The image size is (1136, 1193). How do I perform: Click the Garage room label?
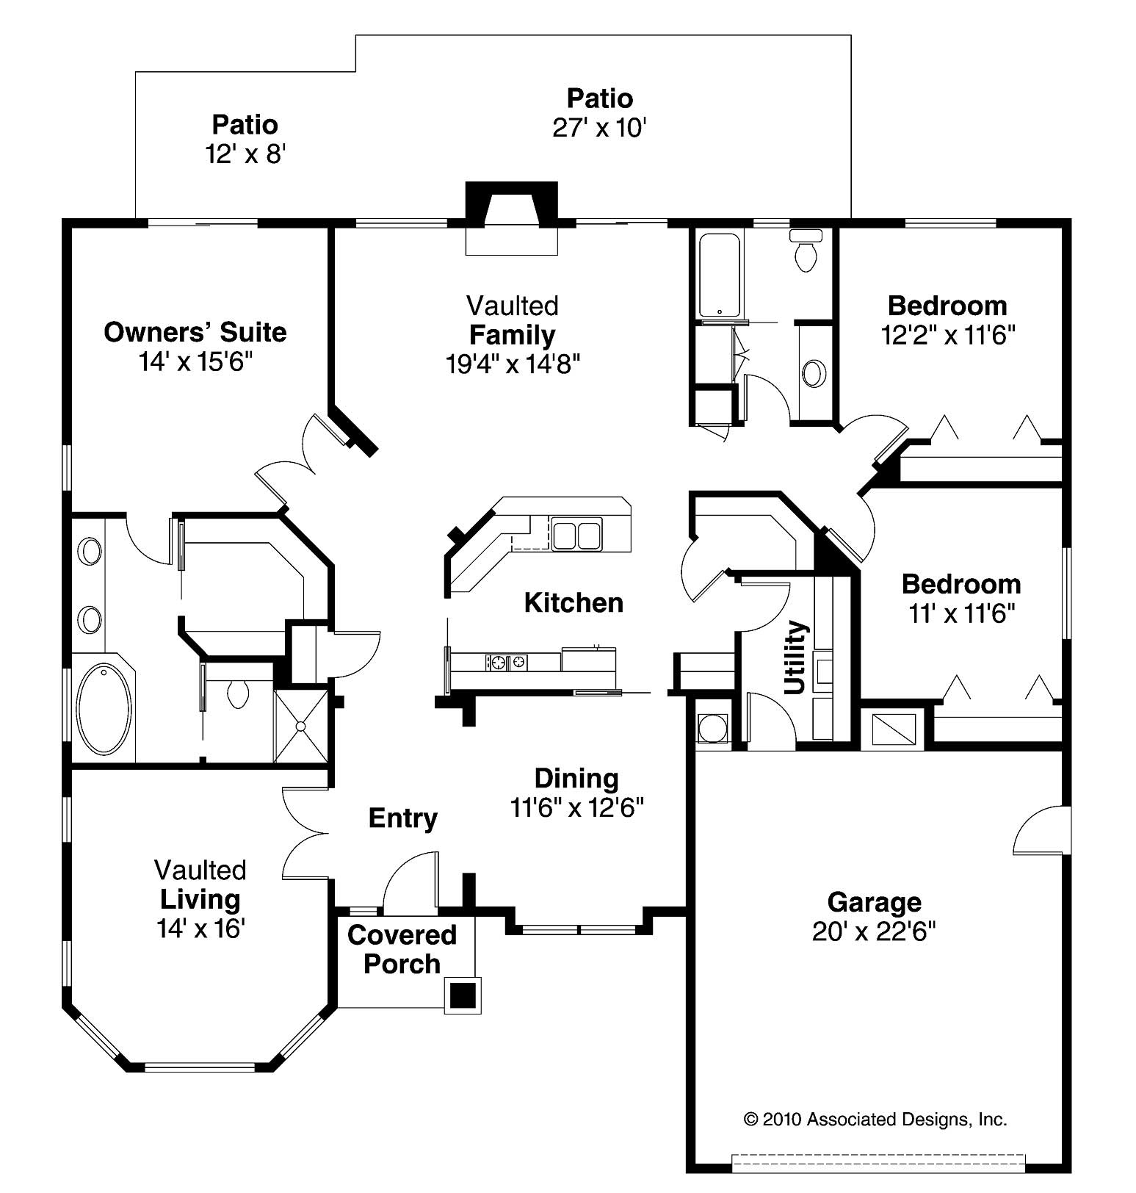point(874,901)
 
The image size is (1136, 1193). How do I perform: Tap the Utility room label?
point(796,657)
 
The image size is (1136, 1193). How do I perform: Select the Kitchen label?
point(574,603)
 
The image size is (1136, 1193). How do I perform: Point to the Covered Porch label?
point(402,949)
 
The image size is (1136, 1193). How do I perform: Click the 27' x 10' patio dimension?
point(599,128)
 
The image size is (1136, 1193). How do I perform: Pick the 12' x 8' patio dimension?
point(245,154)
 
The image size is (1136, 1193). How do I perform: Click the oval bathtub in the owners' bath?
point(104,708)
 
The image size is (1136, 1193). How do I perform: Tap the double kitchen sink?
point(576,534)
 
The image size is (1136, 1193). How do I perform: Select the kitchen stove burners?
point(506,662)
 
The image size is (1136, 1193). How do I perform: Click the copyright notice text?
point(875,1119)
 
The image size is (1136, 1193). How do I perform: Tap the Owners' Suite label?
point(195,332)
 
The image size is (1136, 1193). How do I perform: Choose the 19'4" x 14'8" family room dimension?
point(513,364)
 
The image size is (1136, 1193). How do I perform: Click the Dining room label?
point(576,778)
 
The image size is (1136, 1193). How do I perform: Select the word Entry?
point(402,818)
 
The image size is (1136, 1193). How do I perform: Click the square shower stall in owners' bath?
point(300,726)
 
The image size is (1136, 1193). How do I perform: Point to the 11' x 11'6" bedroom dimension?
point(961,613)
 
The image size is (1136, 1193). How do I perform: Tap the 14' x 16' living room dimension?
point(200,929)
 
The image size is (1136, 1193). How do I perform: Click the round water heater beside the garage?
point(712,729)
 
